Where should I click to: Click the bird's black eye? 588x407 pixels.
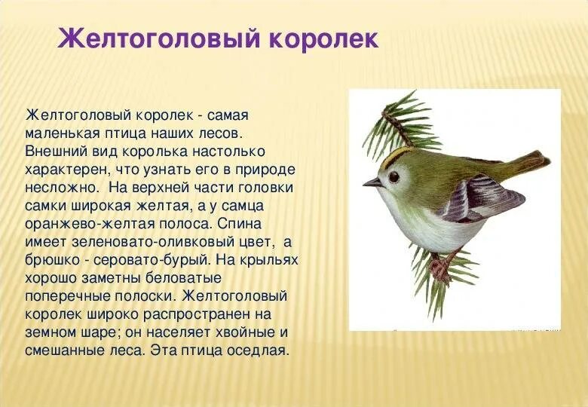394,176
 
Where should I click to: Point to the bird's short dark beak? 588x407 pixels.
372,182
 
